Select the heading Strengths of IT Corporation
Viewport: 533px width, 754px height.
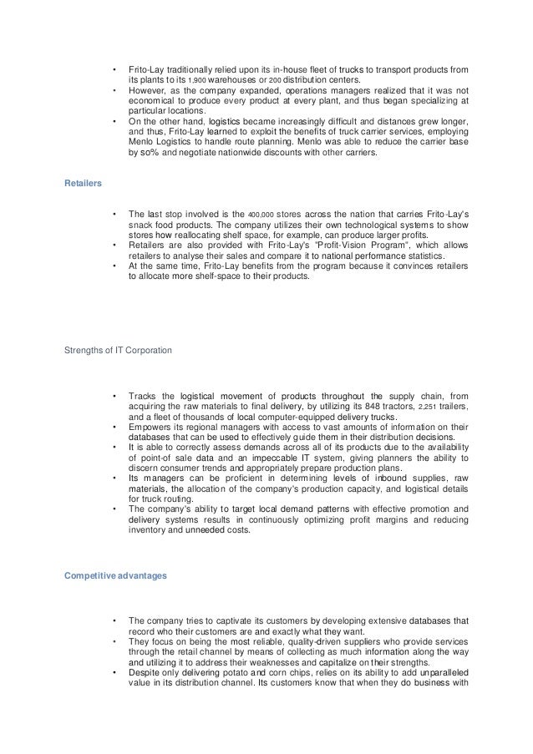(119, 350)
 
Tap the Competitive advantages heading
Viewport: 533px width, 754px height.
(111, 575)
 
